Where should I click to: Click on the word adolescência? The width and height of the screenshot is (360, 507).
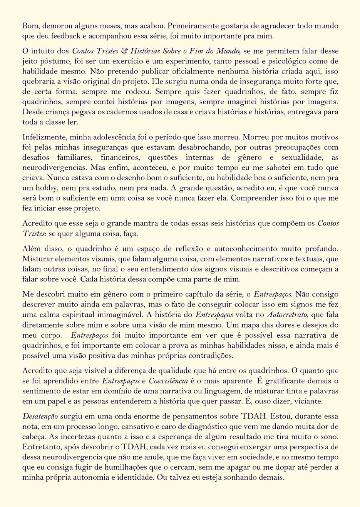pyautogui.click(x=114, y=137)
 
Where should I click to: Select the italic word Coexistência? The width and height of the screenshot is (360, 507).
pyautogui.click(x=168, y=381)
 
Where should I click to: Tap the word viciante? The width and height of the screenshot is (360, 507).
pyautogui.click(x=308, y=401)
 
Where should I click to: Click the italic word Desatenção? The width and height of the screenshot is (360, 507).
pyautogui.click(x=40, y=417)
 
